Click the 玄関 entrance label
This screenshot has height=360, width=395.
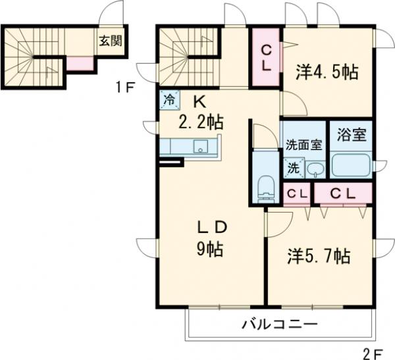pyautogui.click(x=109, y=39)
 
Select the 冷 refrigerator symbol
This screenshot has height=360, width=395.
pyautogui.click(x=169, y=100)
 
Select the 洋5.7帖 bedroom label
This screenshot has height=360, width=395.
pyautogui.click(x=318, y=255)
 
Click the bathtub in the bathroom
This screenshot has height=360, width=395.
pyautogui.click(x=350, y=165)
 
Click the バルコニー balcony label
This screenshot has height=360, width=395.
pyautogui.click(x=279, y=323)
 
